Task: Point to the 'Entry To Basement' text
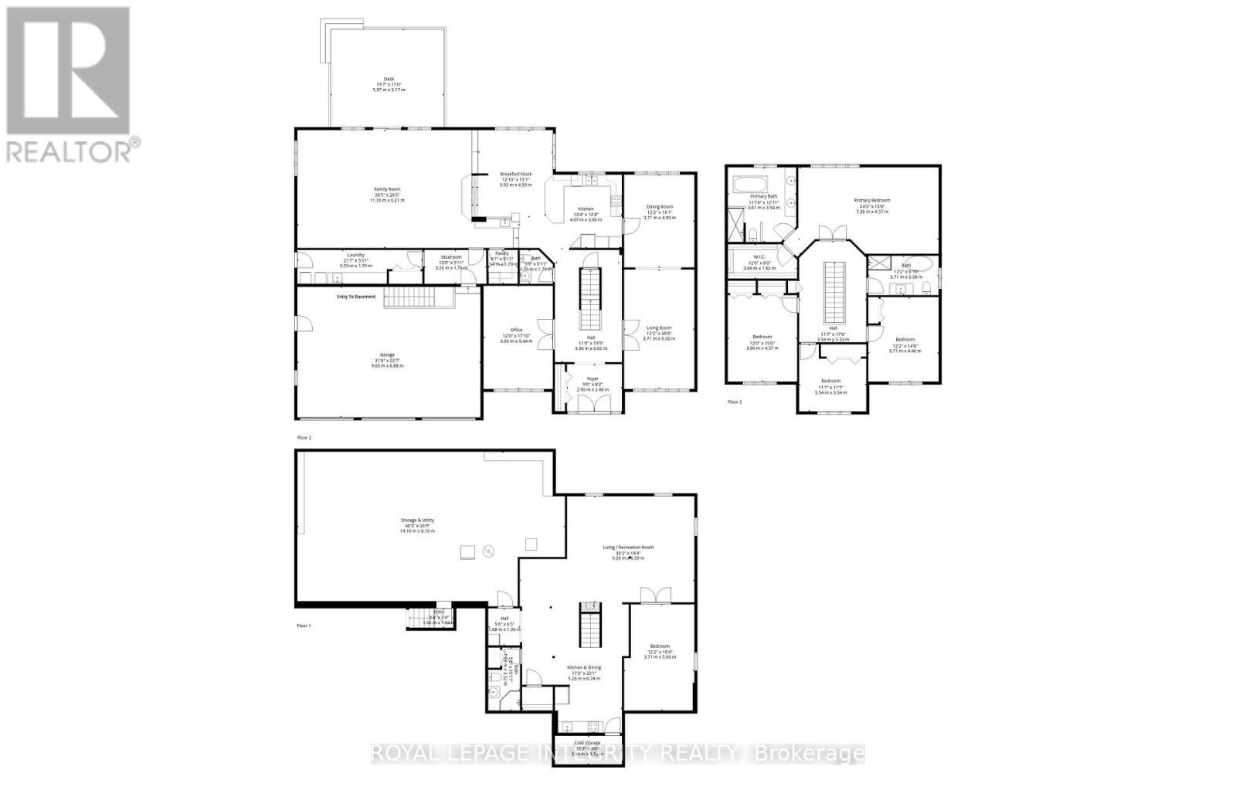click(355, 297)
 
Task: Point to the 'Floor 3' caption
click(735, 402)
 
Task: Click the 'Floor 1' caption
click(304, 626)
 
